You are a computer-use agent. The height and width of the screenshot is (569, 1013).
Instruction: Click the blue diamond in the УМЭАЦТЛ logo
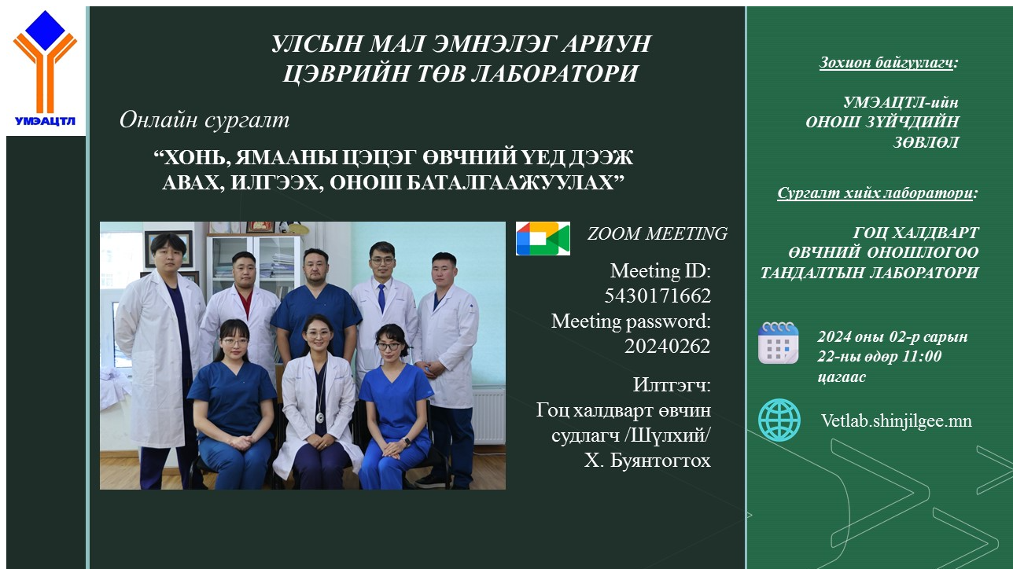(46, 31)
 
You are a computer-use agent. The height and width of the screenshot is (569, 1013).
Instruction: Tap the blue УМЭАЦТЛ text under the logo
(46, 121)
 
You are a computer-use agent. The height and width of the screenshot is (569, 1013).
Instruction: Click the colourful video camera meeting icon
(543, 238)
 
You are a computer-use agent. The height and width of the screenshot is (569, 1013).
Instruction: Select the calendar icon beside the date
(779, 343)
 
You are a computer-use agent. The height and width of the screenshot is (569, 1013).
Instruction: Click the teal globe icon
(779, 420)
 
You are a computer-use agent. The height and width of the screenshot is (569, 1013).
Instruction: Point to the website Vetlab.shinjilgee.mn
(897, 420)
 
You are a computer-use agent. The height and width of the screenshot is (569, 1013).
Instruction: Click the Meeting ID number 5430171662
(658, 296)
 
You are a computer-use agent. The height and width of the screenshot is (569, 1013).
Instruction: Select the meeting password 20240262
(668, 346)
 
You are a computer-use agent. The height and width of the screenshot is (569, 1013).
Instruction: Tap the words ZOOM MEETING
(658, 233)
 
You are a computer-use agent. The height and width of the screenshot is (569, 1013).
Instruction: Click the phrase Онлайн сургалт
(204, 120)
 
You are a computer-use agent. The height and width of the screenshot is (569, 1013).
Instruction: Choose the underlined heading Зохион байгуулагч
(886, 62)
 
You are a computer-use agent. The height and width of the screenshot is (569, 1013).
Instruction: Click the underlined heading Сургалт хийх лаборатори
(875, 193)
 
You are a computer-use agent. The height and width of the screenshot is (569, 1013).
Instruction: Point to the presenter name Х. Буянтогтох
(647, 461)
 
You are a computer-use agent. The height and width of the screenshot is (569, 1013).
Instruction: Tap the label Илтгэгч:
(672, 385)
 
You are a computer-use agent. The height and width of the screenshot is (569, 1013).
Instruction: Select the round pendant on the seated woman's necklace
(320, 417)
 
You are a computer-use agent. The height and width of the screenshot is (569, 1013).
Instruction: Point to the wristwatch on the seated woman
(407, 442)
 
